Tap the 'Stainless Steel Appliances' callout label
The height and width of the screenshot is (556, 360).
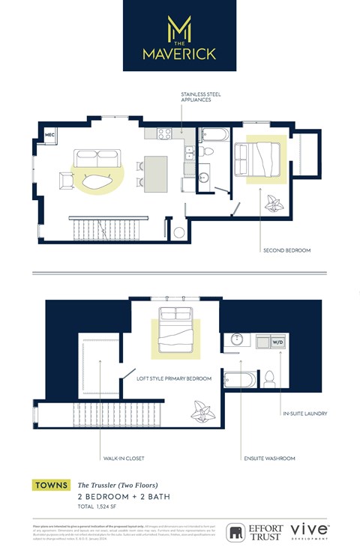200,97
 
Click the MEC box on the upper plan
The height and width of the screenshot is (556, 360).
50,135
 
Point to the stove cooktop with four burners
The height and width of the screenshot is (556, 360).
164,134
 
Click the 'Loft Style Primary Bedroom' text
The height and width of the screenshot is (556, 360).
174,379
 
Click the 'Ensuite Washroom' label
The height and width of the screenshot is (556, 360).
268,458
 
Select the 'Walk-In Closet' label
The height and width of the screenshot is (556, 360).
124,458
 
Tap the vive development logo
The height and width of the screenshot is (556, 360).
310,531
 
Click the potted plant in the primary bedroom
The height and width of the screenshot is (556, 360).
202,411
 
